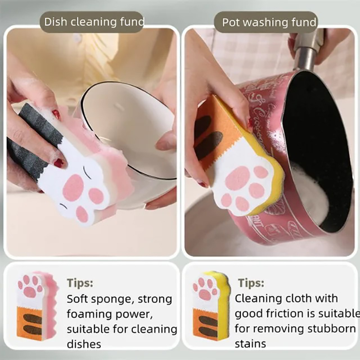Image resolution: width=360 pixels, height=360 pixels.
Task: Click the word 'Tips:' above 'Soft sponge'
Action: click(x=80, y=283)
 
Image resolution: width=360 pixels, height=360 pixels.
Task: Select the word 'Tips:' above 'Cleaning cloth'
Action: click(x=251, y=283)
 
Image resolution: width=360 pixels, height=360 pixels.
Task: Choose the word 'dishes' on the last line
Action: click(x=84, y=344)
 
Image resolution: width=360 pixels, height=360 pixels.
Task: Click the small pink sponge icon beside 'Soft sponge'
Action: click(x=37, y=306)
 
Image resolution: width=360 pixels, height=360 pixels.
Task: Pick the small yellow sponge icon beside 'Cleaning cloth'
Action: click(x=211, y=306)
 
